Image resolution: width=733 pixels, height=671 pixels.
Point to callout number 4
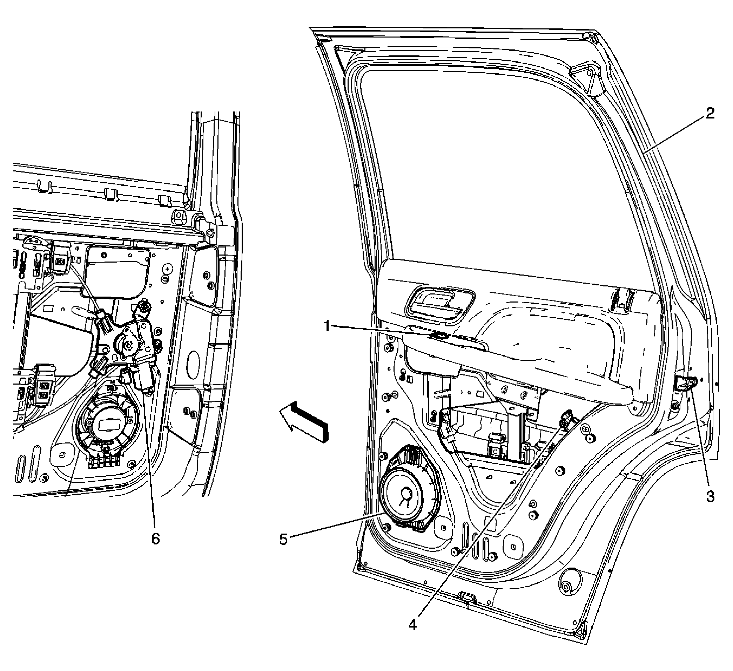pos(412,625)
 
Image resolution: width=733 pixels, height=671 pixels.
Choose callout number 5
pos(284,539)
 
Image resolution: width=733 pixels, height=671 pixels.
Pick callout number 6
pos(155,539)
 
